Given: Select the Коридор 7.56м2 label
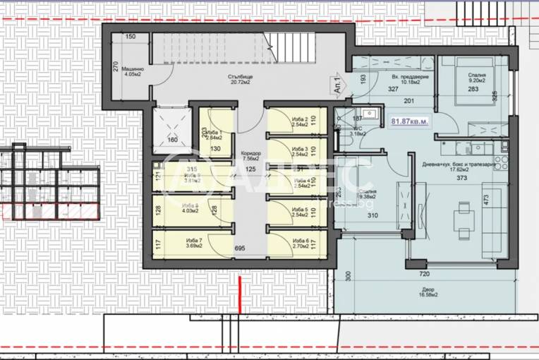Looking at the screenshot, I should pos(250,156).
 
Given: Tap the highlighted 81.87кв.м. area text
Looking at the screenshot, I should pos(408,121).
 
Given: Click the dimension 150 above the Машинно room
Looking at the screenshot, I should pos(131,37).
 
